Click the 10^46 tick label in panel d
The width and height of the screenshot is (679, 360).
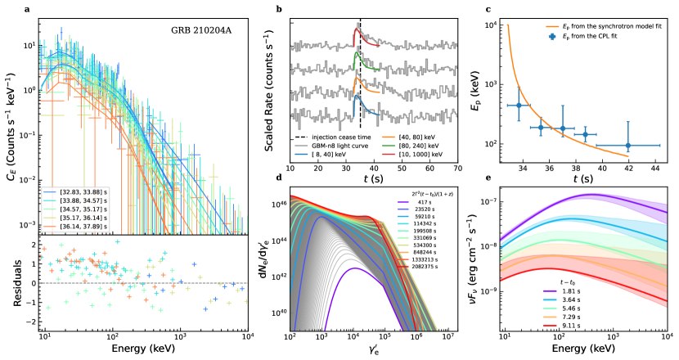[x=276, y=201]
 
